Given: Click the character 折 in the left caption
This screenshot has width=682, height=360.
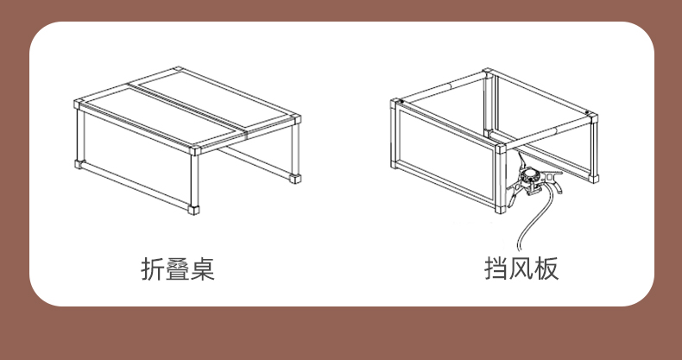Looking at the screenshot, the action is pyautogui.click(x=153, y=268).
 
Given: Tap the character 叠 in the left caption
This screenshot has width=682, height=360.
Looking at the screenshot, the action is pyautogui.click(x=178, y=268).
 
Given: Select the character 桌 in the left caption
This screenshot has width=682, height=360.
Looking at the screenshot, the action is pyautogui.click(x=203, y=268).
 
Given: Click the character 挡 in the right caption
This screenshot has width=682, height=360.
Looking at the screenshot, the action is pyautogui.click(x=496, y=268).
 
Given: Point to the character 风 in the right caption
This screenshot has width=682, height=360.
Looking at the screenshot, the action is pyautogui.click(x=521, y=268).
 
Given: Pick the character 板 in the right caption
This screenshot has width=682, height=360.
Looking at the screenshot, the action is pyautogui.click(x=546, y=268).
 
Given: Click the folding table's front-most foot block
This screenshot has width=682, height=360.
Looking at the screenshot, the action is pyautogui.click(x=193, y=210).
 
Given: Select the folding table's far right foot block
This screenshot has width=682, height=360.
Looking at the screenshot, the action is pyautogui.click(x=295, y=178).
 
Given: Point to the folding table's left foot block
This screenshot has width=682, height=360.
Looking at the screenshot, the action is pyautogui.click(x=79, y=164).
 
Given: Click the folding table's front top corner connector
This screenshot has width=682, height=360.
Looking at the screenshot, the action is pyautogui.click(x=195, y=150).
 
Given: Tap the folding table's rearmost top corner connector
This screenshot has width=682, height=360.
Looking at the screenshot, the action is pyautogui.click(x=178, y=70).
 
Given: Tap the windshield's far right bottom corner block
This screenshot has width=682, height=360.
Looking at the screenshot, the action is pyautogui.click(x=594, y=178).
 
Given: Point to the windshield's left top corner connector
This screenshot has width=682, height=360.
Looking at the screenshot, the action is pyautogui.click(x=395, y=104).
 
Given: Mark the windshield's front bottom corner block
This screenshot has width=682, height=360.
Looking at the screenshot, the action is pyautogui.click(x=501, y=209).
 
